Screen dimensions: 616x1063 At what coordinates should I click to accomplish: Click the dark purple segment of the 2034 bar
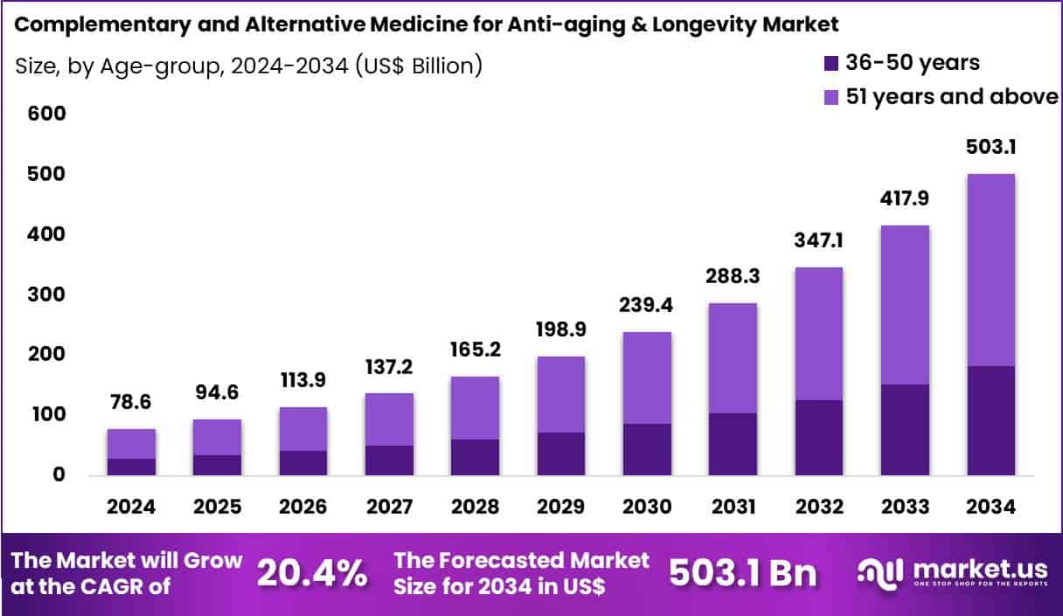click(x=990, y=420)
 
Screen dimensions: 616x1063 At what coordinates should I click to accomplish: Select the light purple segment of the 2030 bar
click(x=648, y=377)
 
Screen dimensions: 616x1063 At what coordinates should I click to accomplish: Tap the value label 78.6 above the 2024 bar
click(x=131, y=402)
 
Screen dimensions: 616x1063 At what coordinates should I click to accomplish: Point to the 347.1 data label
click(x=819, y=240)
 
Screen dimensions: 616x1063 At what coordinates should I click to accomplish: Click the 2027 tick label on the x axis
click(x=389, y=507)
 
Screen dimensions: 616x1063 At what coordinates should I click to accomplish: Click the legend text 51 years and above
click(x=952, y=96)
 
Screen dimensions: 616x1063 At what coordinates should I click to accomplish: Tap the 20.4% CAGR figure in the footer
click(x=312, y=573)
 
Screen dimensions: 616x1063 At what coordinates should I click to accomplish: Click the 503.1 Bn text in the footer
click(x=742, y=573)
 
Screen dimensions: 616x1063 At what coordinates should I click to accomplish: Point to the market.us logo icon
click(x=880, y=573)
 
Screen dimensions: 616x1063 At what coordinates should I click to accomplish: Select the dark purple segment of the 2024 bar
click(x=131, y=467)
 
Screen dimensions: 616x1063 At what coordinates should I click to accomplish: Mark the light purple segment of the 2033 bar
click(x=905, y=304)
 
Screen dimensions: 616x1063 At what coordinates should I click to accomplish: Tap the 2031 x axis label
click(x=733, y=507)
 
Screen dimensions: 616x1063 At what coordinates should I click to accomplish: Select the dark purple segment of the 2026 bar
click(x=303, y=463)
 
